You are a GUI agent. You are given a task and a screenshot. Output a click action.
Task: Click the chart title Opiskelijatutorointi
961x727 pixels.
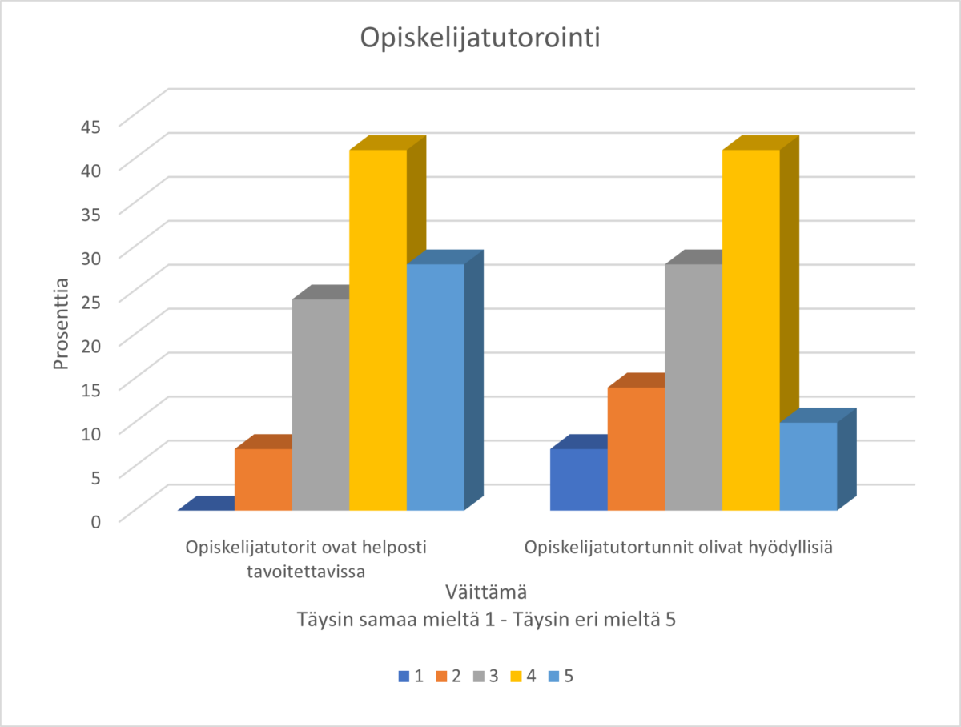pyautogui.click(x=480, y=39)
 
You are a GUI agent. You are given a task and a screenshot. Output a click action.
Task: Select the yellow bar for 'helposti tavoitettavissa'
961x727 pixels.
pyautogui.click(x=378, y=328)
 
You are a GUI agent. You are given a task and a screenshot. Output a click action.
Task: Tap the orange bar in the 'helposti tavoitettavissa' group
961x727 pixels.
pyautogui.click(x=263, y=479)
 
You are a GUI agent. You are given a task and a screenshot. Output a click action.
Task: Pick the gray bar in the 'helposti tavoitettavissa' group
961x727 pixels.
pyautogui.click(x=320, y=404)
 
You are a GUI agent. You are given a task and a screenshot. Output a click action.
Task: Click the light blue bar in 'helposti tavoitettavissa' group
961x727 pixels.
pyautogui.click(x=435, y=386)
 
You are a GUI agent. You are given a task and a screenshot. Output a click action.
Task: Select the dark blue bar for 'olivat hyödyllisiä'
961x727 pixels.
pyautogui.click(x=578, y=479)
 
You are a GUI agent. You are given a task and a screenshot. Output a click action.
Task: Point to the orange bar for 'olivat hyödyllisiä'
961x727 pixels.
pyautogui.click(x=636, y=448)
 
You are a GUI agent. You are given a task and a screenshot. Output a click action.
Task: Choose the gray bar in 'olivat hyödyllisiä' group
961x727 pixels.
pyautogui.click(x=694, y=386)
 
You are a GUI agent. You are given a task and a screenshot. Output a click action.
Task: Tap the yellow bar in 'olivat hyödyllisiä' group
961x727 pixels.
pyautogui.click(x=750, y=328)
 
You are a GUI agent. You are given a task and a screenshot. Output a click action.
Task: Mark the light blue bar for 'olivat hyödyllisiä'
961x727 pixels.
pyautogui.click(x=808, y=466)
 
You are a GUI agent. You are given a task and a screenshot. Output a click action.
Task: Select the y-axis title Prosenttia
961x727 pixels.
pyautogui.click(x=62, y=323)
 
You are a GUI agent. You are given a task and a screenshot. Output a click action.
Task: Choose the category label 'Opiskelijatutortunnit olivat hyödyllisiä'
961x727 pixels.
pyautogui.click(x=679, y=548)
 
